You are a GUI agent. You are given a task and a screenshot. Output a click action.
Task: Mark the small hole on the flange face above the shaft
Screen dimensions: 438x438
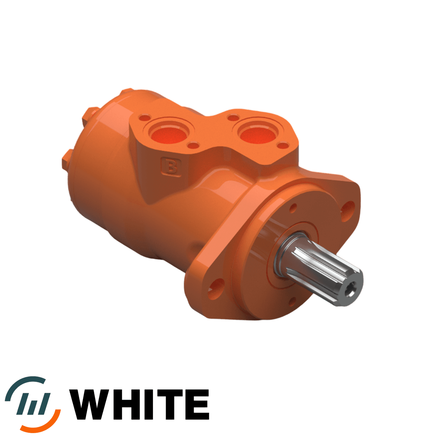(x=293, y=208)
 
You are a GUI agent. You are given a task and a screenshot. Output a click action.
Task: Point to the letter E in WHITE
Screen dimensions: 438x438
(x=199, y=404)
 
